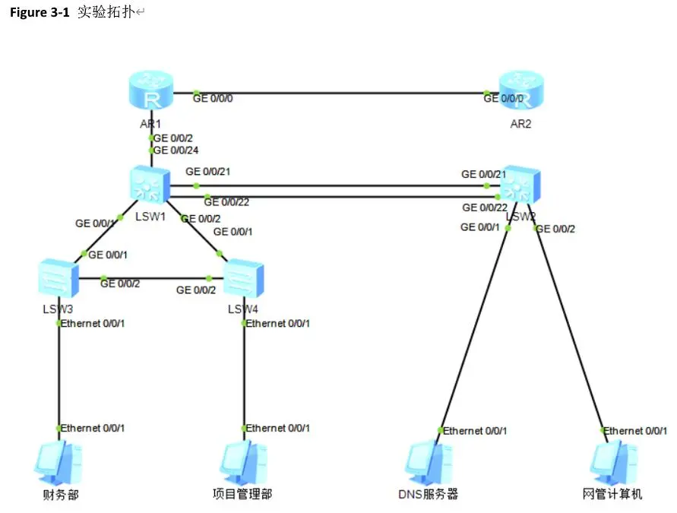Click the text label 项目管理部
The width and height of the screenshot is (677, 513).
pyautogui.click(x=242, y=495)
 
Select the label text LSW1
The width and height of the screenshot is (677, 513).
pyautogui.click(x=150, y=217)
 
